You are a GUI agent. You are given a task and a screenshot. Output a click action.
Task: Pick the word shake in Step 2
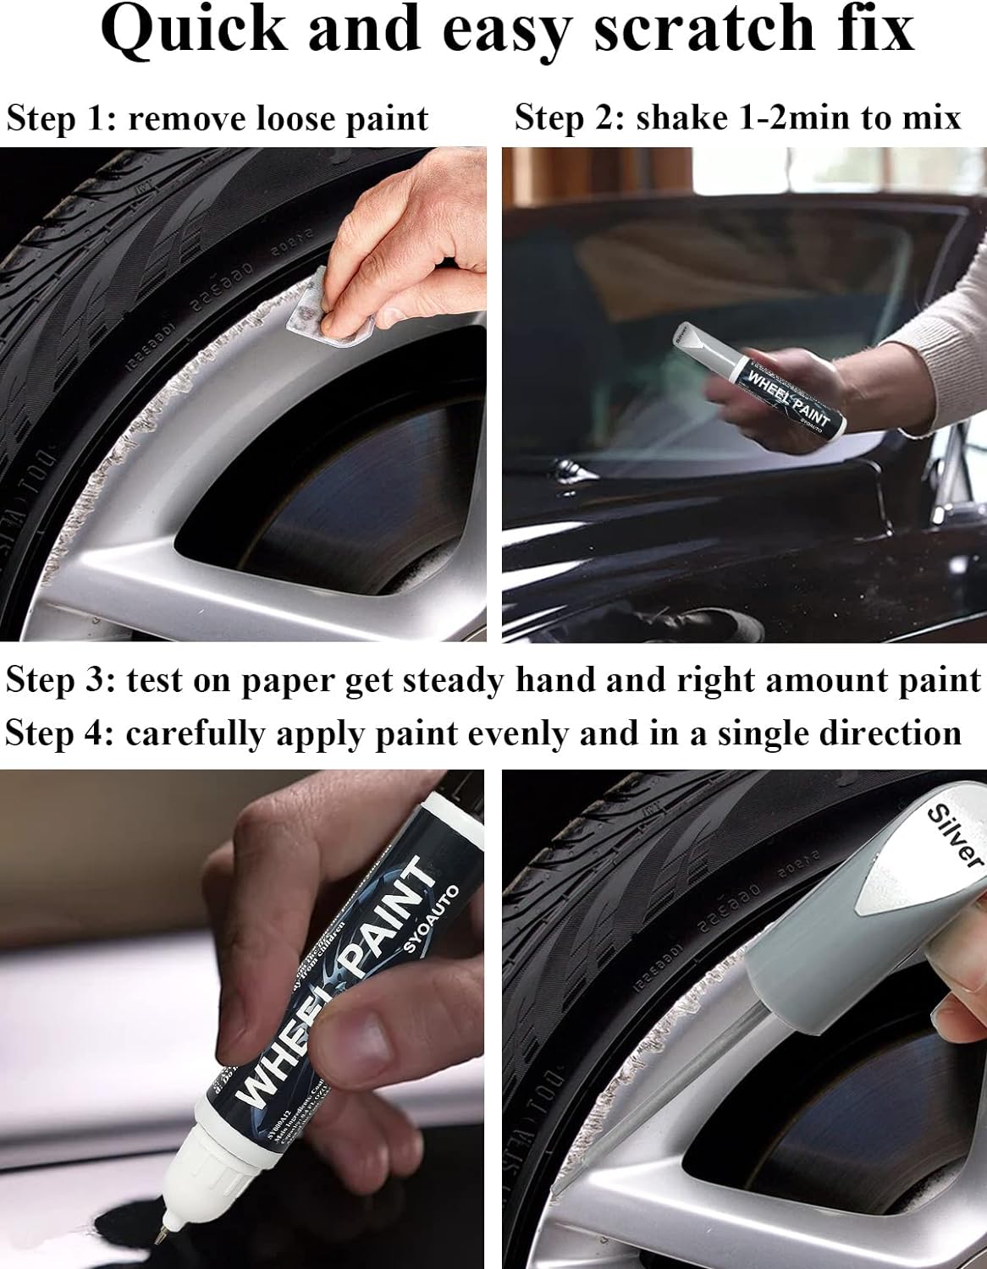(x=675, y=118)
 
